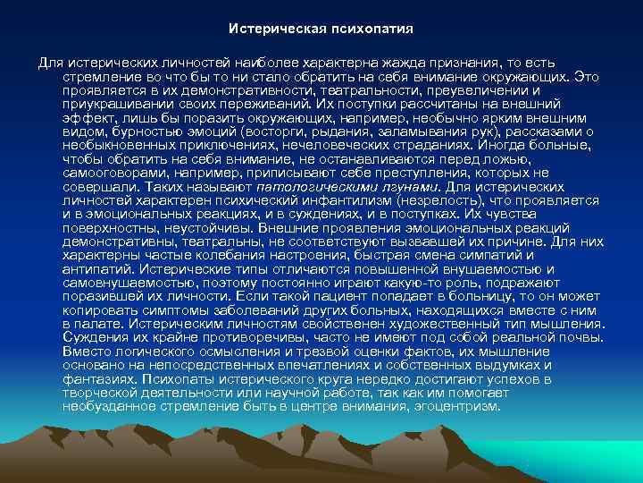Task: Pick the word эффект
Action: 88,118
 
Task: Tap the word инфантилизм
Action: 294,201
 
